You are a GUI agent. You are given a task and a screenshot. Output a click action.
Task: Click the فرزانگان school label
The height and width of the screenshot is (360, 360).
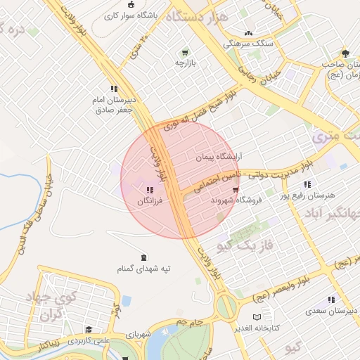pos(150,202)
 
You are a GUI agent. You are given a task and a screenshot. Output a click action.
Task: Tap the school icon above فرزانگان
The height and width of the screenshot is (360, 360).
pos(149,190)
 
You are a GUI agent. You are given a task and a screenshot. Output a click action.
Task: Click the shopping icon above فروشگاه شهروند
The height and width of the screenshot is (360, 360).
pos(236,188)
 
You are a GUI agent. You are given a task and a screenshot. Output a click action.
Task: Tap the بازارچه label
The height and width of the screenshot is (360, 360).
pos(185,63)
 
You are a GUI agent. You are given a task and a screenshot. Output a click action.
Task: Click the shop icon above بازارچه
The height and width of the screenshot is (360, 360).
pos(185,51)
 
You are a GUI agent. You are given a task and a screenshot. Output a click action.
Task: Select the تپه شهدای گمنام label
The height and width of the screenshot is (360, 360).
pos(143,269)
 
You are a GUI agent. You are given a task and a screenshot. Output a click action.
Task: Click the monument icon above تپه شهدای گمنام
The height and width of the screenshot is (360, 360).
pos(143,257)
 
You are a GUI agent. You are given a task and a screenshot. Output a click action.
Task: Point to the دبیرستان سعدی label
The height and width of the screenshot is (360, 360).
pos(331,310)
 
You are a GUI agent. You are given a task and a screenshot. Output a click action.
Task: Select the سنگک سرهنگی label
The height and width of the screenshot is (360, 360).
pos(247,44)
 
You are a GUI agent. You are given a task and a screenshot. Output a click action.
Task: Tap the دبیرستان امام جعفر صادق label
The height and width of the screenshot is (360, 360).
pos(112,105)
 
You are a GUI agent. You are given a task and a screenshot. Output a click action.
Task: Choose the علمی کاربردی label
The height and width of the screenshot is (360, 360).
pos(89,340)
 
